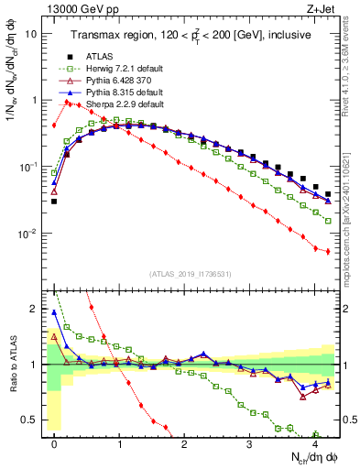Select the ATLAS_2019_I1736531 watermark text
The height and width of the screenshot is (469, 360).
(x=189, y=274)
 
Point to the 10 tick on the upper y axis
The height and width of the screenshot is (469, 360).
(x=31, y=34)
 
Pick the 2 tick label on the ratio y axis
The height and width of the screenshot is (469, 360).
(x=34, y=309)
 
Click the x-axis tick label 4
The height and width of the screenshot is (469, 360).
(x=315, y=443)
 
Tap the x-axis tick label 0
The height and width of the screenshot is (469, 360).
(x=55, y=443)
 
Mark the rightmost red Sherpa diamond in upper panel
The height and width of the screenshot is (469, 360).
(x=328, y=251)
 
